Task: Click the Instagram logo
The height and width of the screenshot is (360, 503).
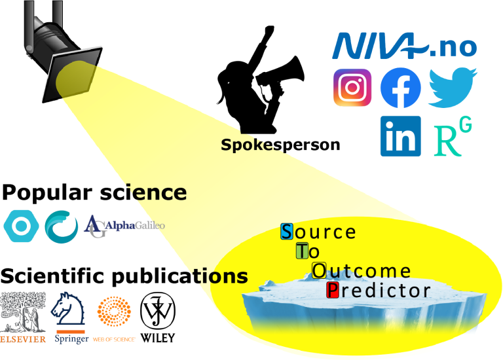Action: click(352, 88)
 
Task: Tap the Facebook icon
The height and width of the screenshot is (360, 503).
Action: click(400, 88)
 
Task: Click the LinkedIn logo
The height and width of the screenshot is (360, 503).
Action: click(400, 136)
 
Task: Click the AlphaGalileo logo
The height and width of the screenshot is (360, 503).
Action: click(124, 226)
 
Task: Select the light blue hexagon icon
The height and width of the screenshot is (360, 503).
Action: click(21, 226)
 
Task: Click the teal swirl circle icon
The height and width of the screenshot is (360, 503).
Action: click(62, 226)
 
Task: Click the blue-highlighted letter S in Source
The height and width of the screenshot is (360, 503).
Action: click(287, 232)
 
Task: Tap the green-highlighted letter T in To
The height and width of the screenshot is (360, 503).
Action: click(301, 251)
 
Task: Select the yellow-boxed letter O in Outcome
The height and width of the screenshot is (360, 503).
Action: click(319, 270)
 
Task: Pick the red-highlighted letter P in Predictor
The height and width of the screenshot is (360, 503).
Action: click(333, 290)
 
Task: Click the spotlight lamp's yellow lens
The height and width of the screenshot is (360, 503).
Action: click(73, 78)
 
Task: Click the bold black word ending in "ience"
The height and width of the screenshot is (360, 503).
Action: click(154, 192)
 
